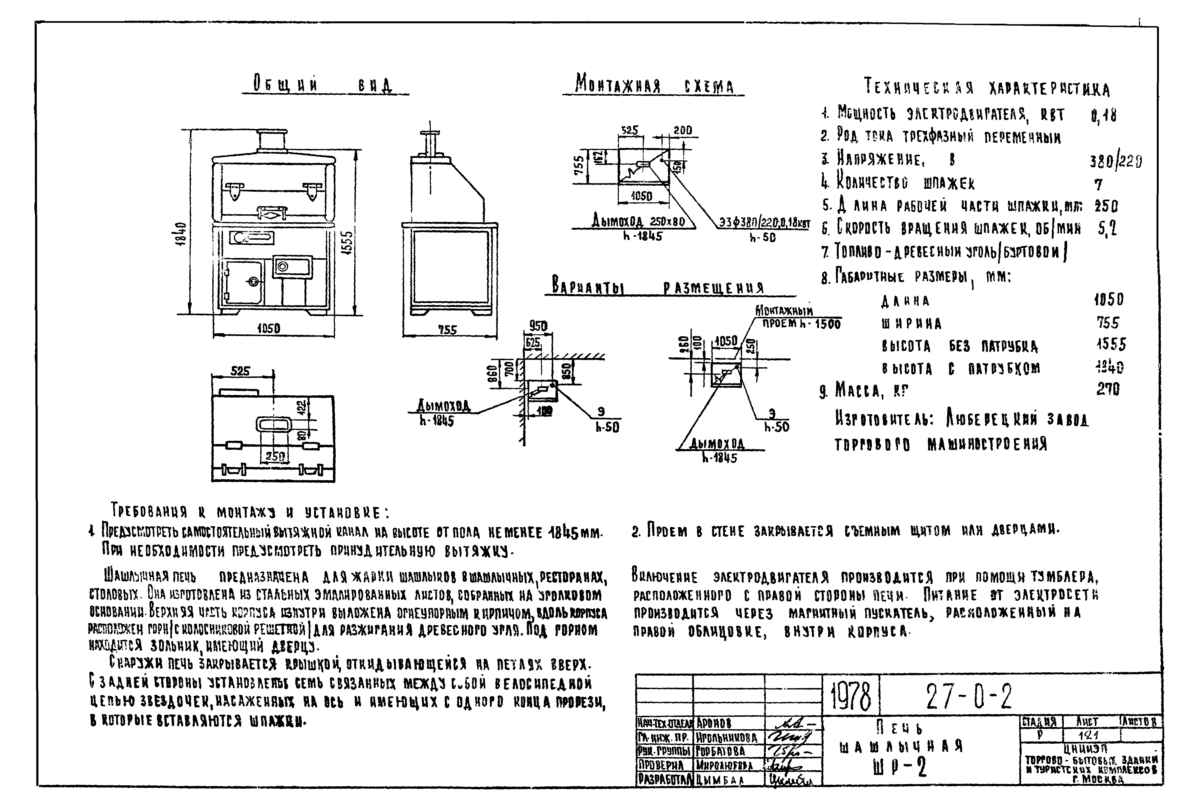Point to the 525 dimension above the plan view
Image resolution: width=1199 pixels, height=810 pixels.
click(241, 371)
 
